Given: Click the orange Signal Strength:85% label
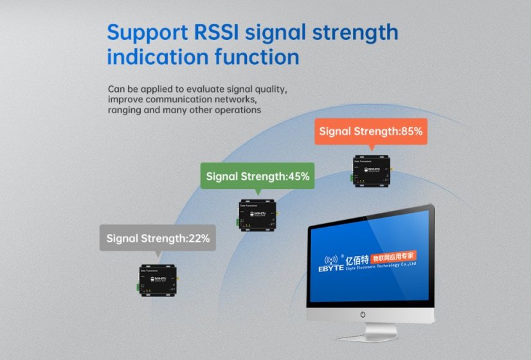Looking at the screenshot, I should (x=371, y=131).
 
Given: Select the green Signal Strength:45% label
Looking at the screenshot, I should (x=258, y=175).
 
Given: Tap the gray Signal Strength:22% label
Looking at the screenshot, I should (x=157, y=238).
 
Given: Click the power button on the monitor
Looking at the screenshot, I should (x=363, y=314).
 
